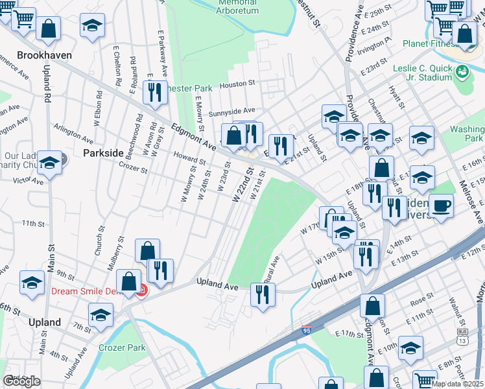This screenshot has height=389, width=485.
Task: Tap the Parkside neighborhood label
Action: pyautogui.click(x=103, y=152)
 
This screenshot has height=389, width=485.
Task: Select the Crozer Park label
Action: pyautogui.click(x=122, y=348)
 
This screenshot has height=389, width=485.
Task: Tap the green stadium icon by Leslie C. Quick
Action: pyautogui.click(x=463, y=71)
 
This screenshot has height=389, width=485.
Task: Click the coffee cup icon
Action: pyautogui.click(x=442, y=206)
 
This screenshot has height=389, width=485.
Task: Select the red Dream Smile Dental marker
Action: pyautogui.click(x=142, y=292)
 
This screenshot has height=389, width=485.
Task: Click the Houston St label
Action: pyautogui.click(x=238, y=84)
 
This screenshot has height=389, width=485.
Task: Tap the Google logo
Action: pyautogui.click(x=21, y=381)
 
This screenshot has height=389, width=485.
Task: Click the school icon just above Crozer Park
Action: pyautogui.click(x=101, y=316)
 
